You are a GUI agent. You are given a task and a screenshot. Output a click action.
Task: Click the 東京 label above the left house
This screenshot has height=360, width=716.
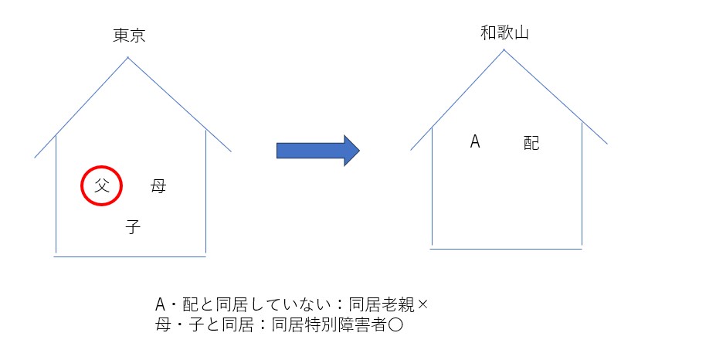[129, 36]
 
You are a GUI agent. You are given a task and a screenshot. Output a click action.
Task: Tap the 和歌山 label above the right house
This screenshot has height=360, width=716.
[504, 33]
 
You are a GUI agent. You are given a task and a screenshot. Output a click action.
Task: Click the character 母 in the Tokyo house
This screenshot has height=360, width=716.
[158, 186]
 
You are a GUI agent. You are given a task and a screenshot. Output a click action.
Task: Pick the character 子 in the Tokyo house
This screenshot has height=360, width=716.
[133, 226]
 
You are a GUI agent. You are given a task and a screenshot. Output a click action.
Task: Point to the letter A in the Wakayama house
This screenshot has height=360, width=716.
[475, 142]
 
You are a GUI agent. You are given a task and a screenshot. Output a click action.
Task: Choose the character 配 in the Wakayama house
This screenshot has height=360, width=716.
[531, 143]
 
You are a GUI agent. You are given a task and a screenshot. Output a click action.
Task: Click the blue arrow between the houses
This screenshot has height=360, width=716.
[318, 151]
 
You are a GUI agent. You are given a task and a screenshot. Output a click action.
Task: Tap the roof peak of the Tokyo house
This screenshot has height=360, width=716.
[128, 57]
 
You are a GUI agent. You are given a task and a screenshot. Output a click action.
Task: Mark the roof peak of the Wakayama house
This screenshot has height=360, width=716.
[504, 49]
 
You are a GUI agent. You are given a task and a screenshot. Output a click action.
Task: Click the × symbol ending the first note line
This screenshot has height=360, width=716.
[422, 304]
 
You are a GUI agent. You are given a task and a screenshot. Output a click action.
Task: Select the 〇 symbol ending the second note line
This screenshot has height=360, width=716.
[395, 324]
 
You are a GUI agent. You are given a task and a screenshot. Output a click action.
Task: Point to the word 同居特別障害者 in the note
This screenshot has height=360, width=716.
[329, 324]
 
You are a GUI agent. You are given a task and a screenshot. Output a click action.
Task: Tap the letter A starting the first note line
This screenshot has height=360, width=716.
[160, 304]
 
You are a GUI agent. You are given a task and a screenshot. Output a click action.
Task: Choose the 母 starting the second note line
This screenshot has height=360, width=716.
[162, 324]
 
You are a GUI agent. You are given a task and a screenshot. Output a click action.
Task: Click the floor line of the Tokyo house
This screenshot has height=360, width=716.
[130, 256]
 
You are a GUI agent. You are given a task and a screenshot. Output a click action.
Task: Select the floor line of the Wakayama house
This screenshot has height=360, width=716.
[506, 249]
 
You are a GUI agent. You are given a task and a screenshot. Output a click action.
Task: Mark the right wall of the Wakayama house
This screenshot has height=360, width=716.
[582, 184]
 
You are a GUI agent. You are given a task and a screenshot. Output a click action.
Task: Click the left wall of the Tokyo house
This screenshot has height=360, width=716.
[56, 195]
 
